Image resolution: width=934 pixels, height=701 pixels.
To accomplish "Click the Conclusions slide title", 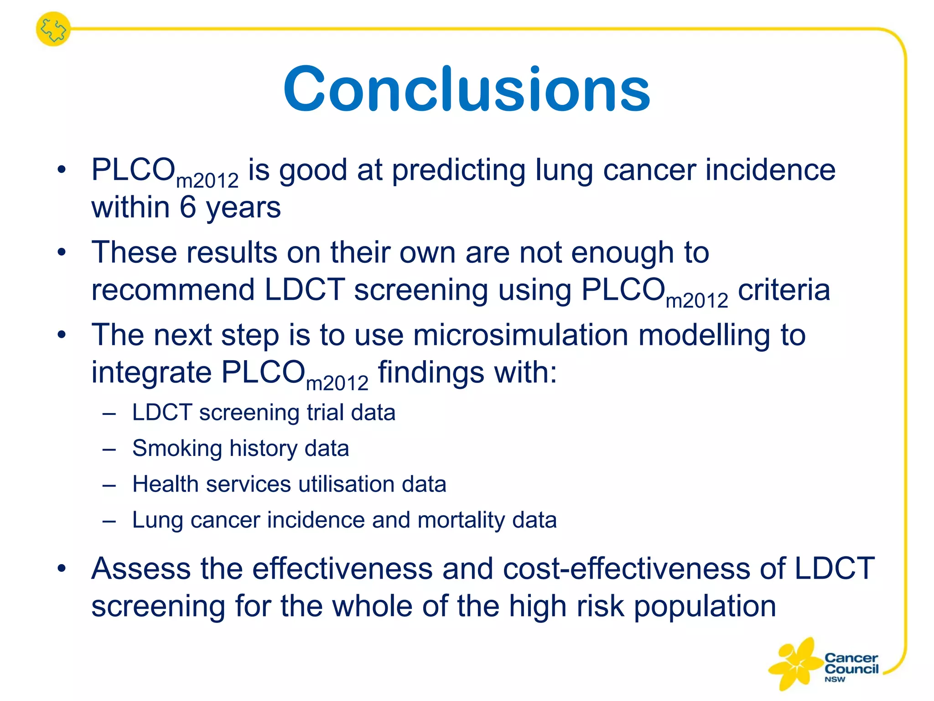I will point(467,89).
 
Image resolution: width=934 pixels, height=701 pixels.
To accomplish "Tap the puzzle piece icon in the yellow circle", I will point(53,29).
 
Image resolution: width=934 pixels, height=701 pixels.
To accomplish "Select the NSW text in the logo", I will point(835,679).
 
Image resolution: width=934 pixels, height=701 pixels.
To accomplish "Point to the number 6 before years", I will point(188,207).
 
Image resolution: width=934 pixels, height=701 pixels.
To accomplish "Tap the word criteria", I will point(784,290).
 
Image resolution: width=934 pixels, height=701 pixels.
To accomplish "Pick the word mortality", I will point(461,520).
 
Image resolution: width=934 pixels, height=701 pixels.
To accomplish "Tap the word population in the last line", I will point(705,607).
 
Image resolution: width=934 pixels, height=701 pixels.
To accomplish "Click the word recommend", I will point(173,290).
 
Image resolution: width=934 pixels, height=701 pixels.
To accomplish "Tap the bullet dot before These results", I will point(62,252).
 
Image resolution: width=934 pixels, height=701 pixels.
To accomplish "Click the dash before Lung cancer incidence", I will point(109,521).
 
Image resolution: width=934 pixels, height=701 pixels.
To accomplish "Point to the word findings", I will point(431,372).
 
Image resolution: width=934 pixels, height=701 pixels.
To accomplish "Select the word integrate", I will point(152,372).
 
